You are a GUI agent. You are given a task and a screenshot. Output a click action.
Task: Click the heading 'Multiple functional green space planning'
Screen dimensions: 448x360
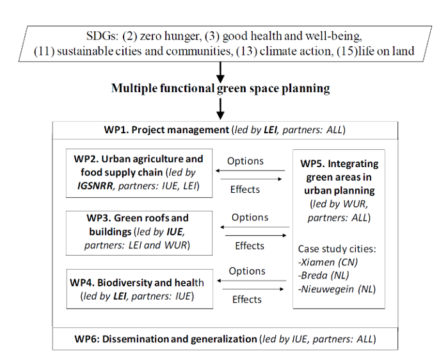[x=220, y=88]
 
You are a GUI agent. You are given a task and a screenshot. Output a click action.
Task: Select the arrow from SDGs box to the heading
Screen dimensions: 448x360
[x=220, y=72]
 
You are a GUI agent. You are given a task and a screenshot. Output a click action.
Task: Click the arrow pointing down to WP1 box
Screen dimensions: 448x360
[x=220, y=109]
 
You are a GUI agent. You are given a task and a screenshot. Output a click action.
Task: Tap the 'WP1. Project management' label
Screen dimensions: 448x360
[x=166, y=130]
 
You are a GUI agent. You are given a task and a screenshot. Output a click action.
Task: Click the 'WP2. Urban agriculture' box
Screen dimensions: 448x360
[x=139, y=173]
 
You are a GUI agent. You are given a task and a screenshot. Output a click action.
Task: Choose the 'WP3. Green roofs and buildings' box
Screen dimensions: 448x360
[x=139, y=233]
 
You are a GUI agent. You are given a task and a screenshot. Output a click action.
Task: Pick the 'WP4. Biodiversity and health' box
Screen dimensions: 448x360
[x=140, y=289]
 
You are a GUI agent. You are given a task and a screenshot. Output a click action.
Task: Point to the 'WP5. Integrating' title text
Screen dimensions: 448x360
[x=339, y=164]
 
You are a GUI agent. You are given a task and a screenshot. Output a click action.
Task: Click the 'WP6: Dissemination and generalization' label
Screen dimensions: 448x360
[x=166, y=339]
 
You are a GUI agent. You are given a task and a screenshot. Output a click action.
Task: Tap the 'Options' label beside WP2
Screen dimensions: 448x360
[x=245, y=161]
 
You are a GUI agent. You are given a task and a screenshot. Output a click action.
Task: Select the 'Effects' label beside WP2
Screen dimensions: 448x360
[x=245, y=190]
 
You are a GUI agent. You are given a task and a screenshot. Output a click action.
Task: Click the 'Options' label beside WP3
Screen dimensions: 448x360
[x=250, y=217]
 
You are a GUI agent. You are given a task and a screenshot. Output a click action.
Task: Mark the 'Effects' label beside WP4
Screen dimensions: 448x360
[x=247, y=299]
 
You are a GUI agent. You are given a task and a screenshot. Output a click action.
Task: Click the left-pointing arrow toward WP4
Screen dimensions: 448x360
[x=252, y=281]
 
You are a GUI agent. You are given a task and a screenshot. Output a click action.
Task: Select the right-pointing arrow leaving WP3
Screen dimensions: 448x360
[x=256, y=235]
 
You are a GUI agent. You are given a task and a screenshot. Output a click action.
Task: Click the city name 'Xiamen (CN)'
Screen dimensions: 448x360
[x=328, y=262]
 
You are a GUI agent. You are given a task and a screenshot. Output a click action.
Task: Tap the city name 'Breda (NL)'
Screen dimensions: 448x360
[x=323, y=275]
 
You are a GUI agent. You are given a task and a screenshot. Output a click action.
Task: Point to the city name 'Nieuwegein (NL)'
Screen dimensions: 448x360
[x=337, y=289]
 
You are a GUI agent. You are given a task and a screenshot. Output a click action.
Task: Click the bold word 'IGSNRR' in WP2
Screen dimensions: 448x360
[x=95, y=186]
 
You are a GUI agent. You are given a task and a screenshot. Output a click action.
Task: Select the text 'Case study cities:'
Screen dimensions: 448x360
[x=337, y=249]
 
